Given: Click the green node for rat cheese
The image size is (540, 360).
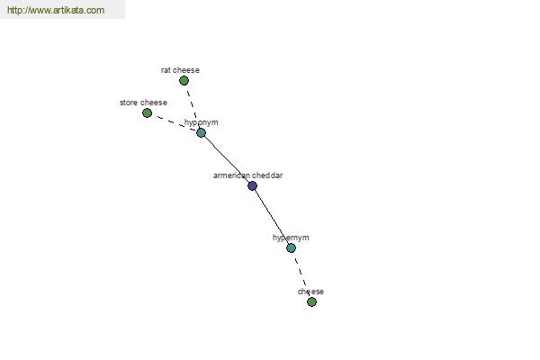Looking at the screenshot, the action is point(184,81).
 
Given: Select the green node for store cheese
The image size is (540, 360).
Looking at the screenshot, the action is point(147,113).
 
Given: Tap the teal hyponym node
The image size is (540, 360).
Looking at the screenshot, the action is point(201,132).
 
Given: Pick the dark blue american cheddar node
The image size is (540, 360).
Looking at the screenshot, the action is point(252,185).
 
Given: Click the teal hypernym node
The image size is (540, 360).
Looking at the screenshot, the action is point(291,247).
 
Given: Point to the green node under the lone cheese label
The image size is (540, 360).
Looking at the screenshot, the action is point(311,301).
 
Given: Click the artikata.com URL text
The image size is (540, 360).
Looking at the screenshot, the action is point(56,10).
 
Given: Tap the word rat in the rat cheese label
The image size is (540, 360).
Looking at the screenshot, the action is point(166,70).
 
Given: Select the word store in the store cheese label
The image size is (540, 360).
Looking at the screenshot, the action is point(129,103).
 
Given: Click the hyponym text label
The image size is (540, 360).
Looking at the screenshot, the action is point(201,122).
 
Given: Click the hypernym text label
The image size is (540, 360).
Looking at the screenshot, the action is point(291,238).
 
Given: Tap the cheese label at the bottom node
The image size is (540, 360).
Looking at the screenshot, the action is point(310,292).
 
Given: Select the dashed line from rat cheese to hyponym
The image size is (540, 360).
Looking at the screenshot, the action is point(193,106).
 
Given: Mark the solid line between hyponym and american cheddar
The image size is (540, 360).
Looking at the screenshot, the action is point(227,159).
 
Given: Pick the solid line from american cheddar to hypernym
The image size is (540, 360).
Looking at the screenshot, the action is point(272,216).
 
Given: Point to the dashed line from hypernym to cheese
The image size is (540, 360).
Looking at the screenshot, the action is point(301,274).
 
